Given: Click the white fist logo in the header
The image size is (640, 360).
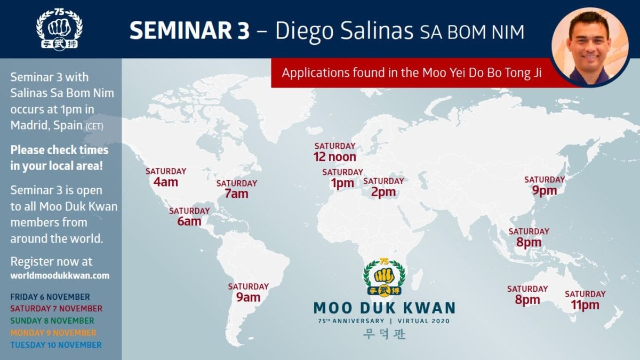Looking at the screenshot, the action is (59, 29).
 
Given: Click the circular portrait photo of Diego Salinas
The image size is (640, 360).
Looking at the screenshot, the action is (590, 46).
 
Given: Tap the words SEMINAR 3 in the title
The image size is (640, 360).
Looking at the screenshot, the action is (189, 30).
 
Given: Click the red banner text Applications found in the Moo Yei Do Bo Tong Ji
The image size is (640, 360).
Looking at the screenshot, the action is (411, 73).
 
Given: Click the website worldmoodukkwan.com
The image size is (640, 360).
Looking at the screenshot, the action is (60, 276).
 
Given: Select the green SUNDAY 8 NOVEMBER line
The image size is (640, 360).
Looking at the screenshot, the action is (52, 321).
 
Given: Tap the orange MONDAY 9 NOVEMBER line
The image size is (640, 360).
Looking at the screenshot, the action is (53, 333).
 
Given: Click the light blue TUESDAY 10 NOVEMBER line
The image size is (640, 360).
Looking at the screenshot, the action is (56, 345).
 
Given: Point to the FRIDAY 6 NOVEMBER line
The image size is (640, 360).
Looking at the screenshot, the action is (50, 297).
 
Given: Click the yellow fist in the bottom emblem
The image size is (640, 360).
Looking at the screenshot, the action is (384, 276).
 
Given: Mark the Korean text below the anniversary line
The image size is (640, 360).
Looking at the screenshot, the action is (385, 334).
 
